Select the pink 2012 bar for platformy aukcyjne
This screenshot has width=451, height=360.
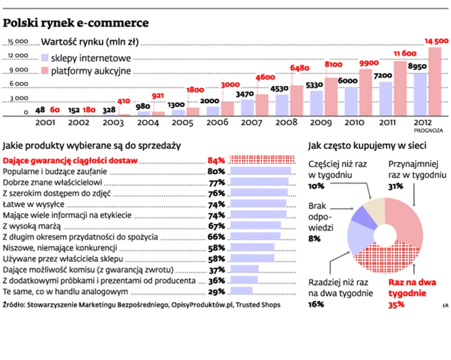pyautogui.click(x=435, y=81)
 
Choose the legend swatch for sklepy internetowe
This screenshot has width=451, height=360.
pyautogui.click(x=46, y=57)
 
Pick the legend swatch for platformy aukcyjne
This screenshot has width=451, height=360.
pyautogui.click(x=46, y=71)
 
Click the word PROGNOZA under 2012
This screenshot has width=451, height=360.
pyautogui.click(x=430, y=130)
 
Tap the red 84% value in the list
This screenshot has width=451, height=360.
pyautogui.click(x=216, y=161)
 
